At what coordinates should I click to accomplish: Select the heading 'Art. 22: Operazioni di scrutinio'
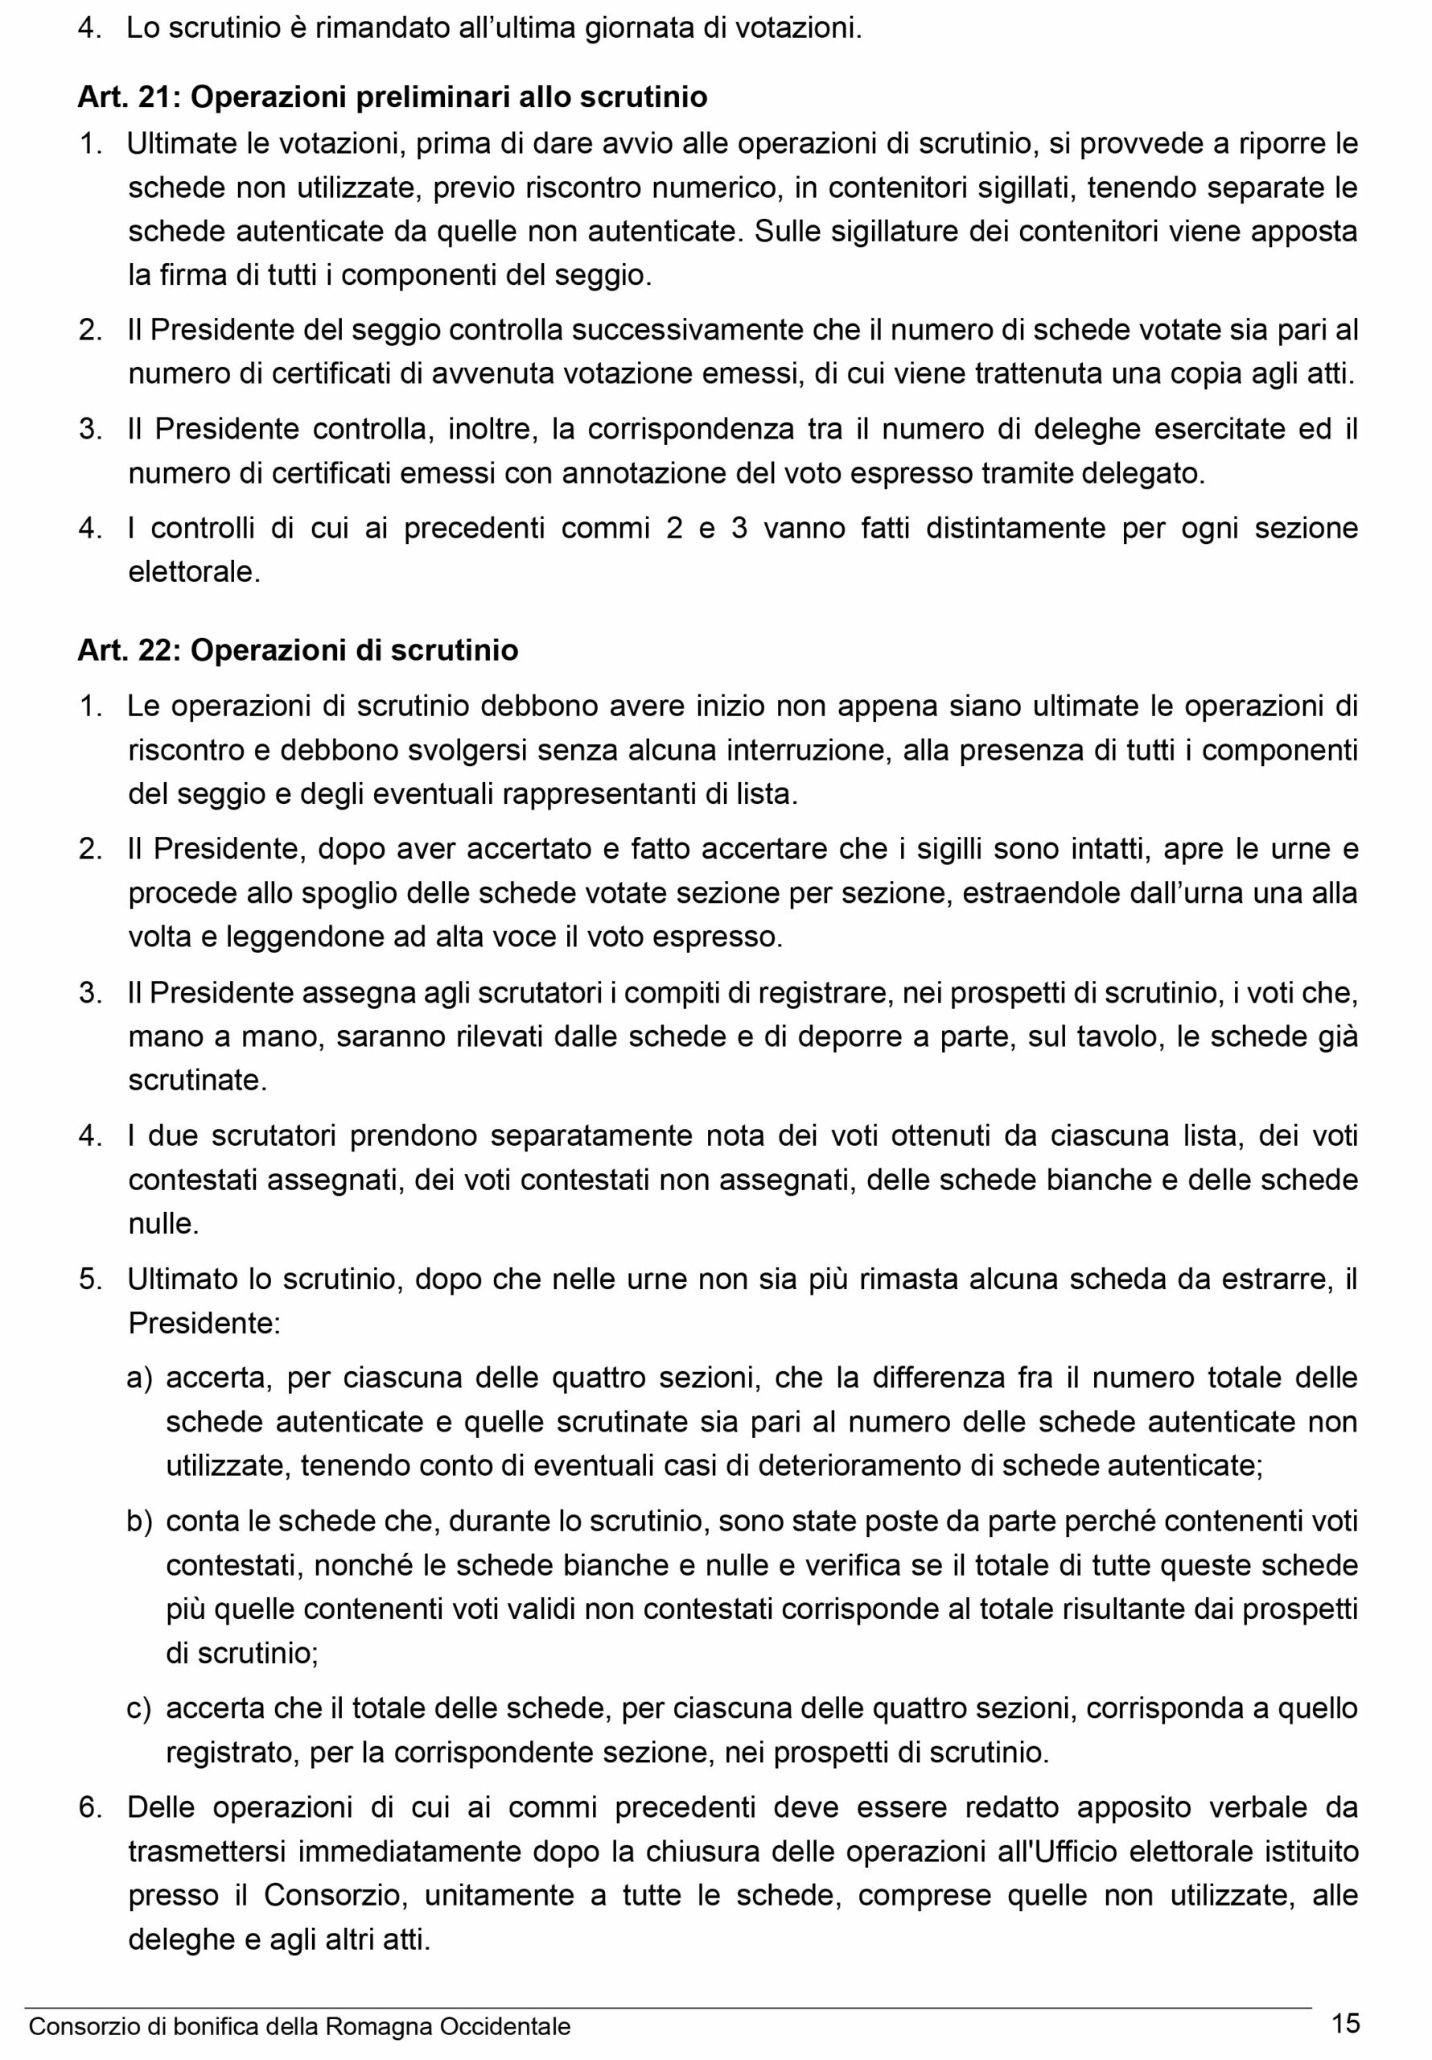click(x=298, y=649)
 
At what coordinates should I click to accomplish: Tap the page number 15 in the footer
click(x=1346, y=2023)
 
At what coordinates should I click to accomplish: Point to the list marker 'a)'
click(x=139, y=1378)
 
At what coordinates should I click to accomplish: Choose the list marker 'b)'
click(x=139, y=1522)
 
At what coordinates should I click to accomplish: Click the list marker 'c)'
click(x=139, y=1709)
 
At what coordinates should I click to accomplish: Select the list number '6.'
click(x=91, y=1808)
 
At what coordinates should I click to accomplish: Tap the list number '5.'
click(x=91, y=1279)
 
